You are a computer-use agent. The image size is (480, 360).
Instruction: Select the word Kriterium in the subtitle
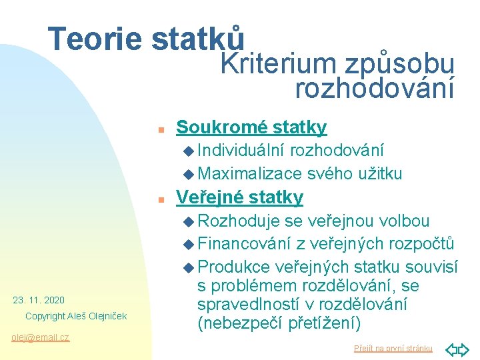click(279, 65)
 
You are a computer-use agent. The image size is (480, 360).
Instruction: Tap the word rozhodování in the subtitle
click(374, 87)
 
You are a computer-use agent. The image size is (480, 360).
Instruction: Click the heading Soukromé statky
click(251, 127)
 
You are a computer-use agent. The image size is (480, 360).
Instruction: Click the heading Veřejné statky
click(239, 197)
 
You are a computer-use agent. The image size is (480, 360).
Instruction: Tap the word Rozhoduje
click(239, 221)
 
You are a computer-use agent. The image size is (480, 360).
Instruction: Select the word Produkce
click(234, 267)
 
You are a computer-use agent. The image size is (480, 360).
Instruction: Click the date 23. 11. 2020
click(39, 300)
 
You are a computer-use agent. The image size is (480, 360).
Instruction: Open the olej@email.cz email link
click(40, 337)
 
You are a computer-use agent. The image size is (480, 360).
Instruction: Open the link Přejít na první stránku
click(393, 348)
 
